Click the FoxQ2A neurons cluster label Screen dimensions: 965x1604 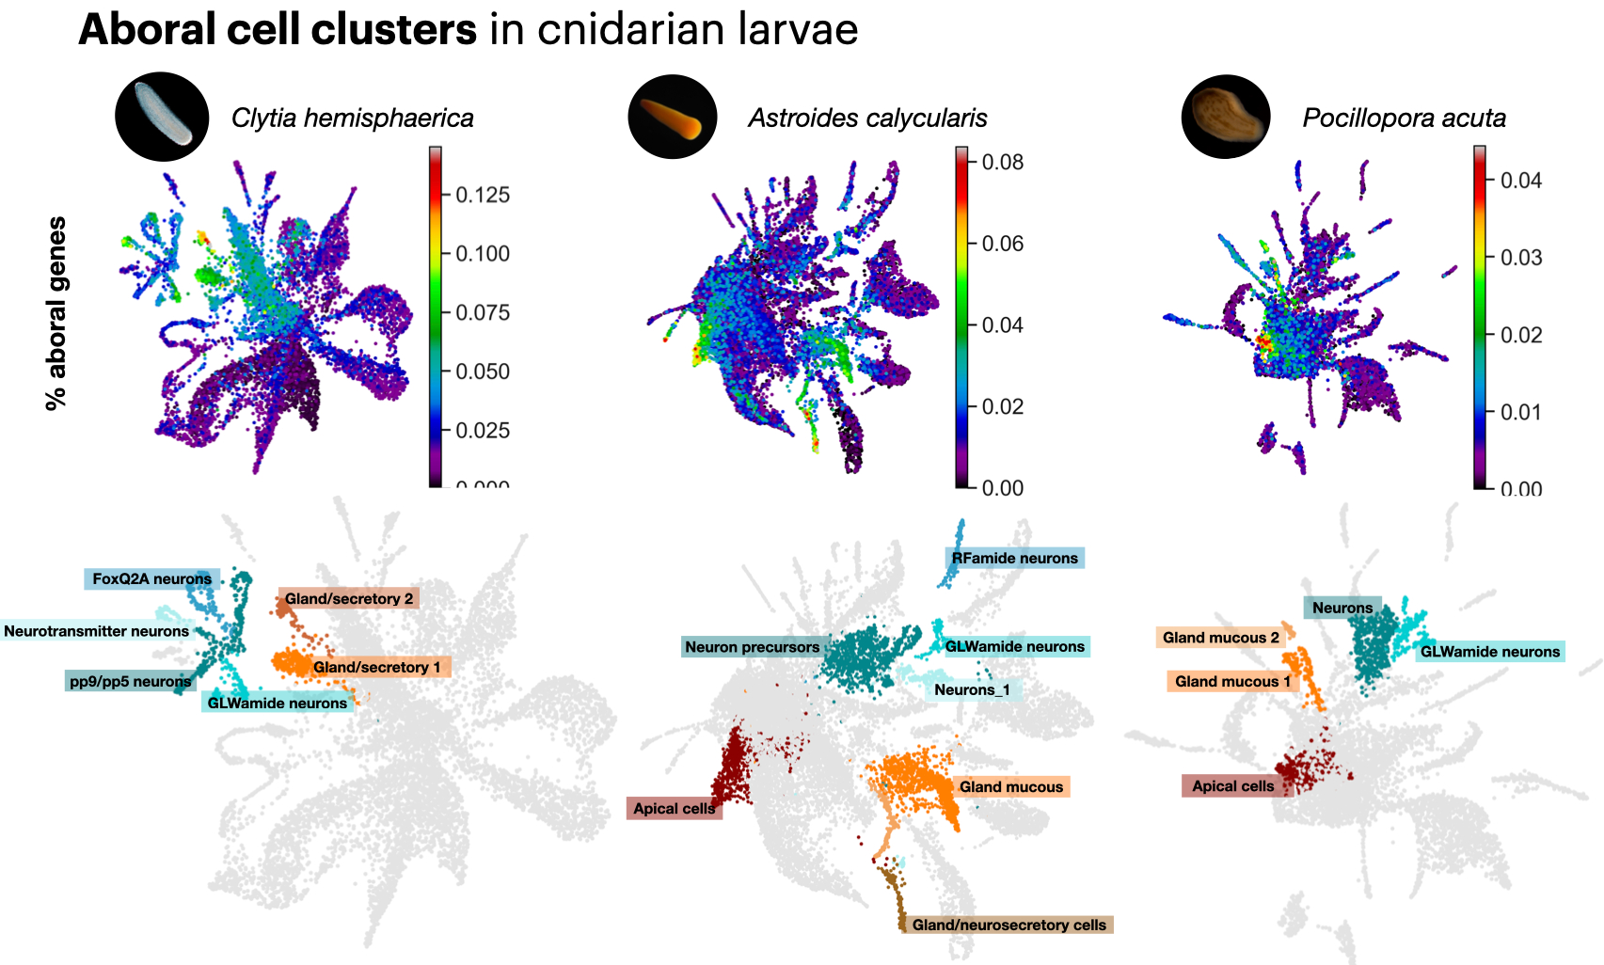[151, 579]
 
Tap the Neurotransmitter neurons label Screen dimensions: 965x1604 [96, 631]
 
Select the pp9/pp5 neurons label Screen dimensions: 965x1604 [130, 681]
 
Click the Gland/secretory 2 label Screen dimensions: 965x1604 [349, 599]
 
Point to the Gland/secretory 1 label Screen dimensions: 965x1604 [376, 668]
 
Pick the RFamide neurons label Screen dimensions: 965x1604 [1014, 559]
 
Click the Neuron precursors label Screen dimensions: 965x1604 [752, 647]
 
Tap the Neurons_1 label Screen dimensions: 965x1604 [972, 690]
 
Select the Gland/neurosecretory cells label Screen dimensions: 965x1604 [1008, 925]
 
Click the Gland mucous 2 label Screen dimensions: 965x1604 [1220, 638]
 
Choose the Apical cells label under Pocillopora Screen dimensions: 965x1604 [1232, 786]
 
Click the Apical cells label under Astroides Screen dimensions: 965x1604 [674, 809]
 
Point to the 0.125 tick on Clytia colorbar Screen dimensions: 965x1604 [483, 196]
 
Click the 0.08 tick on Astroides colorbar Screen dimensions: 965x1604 [1003, 163]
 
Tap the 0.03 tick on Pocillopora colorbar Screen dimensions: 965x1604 [1521, 258]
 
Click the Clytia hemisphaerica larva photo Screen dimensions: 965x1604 [162, 117]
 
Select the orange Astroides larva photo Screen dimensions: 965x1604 [673, 118]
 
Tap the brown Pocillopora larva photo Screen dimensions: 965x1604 [1226, 117]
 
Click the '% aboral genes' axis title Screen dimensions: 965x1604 [56, 313]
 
